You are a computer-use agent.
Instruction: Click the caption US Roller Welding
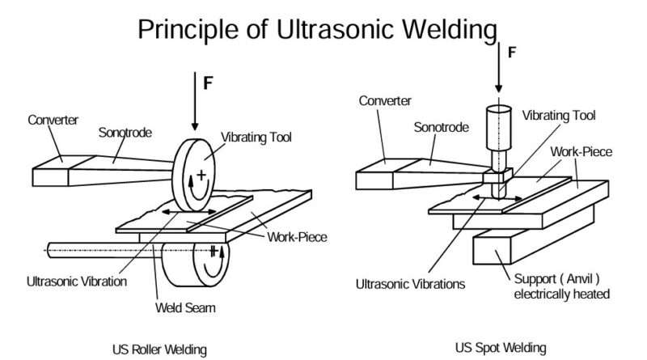(x=159, y=349)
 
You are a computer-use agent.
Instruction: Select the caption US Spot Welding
(x=501, y=348)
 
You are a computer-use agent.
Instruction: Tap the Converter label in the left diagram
(x=53, y=120)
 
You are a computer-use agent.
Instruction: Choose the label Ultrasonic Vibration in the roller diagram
(x=76, y=281)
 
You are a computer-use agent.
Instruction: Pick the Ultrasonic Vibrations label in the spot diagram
(x=411, y=284)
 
